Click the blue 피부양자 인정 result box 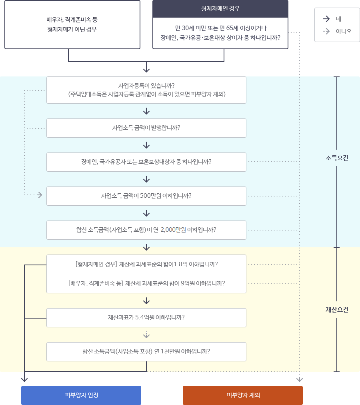tap(81, 395)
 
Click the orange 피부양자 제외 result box tap(243, 395)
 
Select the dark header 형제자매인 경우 tap(220, 8)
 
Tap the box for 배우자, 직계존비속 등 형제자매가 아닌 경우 tap(72, 24)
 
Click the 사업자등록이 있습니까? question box tap(146, 90)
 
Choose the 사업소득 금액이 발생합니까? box tap(146, 128)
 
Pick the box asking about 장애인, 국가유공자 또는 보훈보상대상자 tap(146, 162)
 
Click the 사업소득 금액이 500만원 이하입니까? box tap(146, 196)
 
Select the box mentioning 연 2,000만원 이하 tap(146, 230)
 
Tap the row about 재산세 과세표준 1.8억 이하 tap(146, 264)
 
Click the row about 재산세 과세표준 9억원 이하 tap(146, 283)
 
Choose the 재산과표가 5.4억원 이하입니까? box tap(146, 317)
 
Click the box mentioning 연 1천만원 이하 tap(146, 351)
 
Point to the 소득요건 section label tap(337, 158)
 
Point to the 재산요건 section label tap(337, 310)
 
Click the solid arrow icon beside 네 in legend tap(326, 19)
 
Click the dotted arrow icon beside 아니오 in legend tap(326, 31)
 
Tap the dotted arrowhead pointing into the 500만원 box tap(39, 195)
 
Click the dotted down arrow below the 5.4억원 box tap(146, 335)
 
